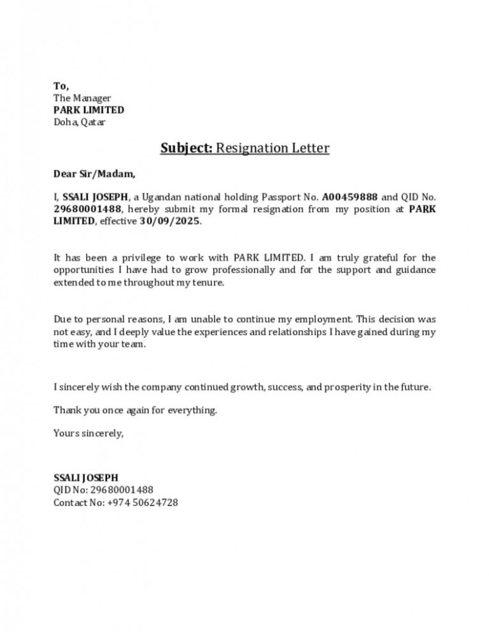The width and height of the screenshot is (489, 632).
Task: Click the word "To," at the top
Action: tap(61, 86)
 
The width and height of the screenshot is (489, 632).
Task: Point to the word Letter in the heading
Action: tap(308, 149)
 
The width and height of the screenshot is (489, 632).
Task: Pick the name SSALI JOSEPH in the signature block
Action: tap(86, 478)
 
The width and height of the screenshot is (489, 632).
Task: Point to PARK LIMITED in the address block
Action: tap(89, 110)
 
